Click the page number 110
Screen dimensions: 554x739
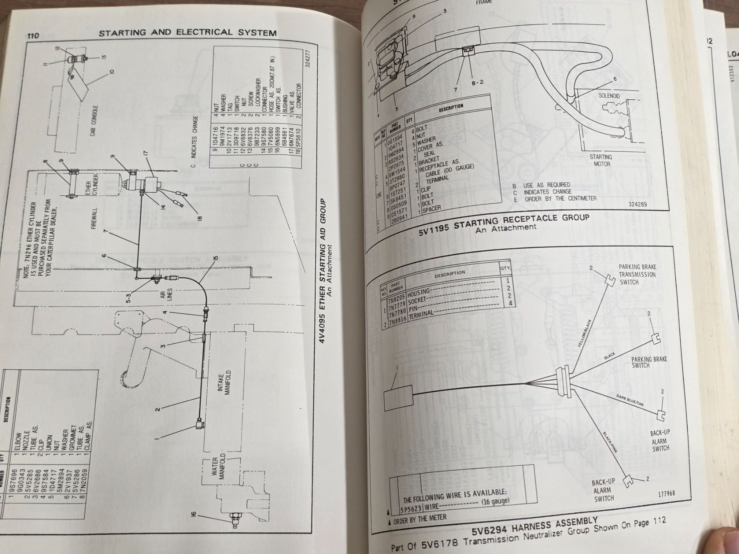(x=33, y=35)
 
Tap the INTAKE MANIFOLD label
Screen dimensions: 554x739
(x=225, y=383)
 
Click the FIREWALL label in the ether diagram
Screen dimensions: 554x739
(x=94, y=218)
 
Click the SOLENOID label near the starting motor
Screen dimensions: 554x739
(x=609, y=96)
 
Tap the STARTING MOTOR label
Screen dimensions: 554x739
(x=601, y=160)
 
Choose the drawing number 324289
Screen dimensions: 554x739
(x=638, y=204)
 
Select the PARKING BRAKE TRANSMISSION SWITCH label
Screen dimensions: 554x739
(x=637, y=275)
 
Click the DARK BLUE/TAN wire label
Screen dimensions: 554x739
(x=629, y=400)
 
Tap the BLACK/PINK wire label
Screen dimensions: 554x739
(x=610, y=442)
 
